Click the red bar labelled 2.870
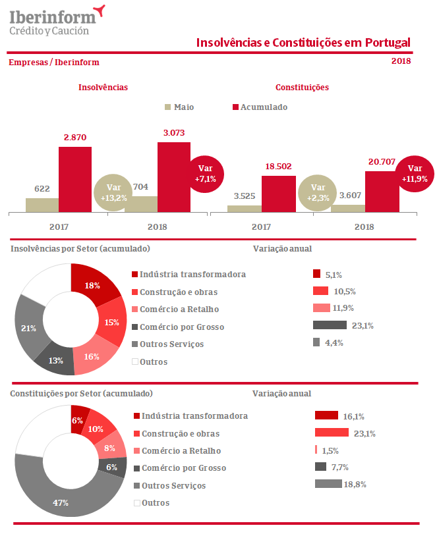[x=75, y=179]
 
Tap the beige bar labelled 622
[x=42, y=205]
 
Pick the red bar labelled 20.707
[x=382, y=192]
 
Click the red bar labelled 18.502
[x=278, y=194]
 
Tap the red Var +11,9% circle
[x=415, y=173]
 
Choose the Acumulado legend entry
[x=260, y=107]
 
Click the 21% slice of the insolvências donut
[x=28, y=327]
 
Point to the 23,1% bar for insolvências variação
[x=330, y=325]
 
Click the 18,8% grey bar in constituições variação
[x=328, y=484]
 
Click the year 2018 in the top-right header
[x=401, y=61]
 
